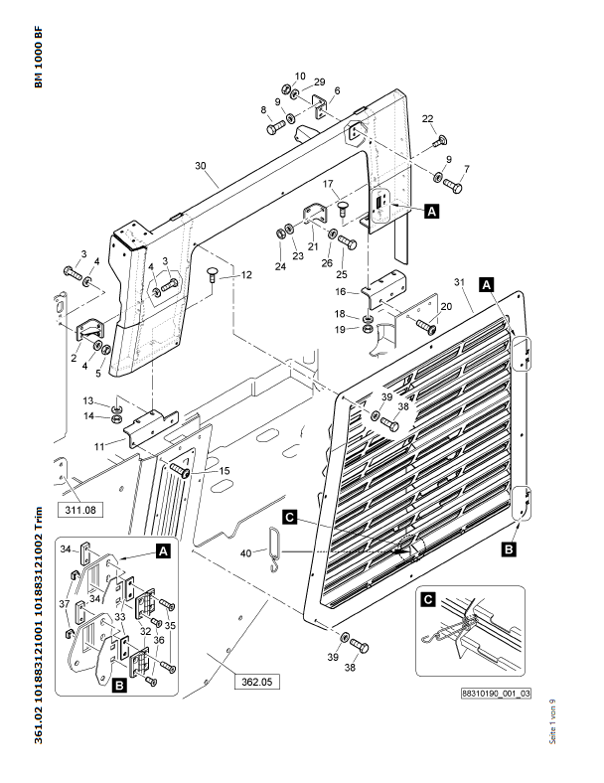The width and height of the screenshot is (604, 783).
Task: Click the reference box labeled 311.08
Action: [x=80, y=510]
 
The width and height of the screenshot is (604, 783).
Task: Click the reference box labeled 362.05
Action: [x=257, y=682]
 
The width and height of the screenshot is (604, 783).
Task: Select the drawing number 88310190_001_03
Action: [x=496, y=694]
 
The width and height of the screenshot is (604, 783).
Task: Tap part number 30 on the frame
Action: [x=200, y=166]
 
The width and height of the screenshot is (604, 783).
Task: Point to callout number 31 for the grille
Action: [x=459, y=282]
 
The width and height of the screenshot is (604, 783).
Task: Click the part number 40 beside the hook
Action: [x=245, y=553]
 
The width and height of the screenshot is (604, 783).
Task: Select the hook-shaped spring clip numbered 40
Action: [x=275, y=549]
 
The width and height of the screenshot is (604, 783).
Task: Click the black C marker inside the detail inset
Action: [x=428, y=599]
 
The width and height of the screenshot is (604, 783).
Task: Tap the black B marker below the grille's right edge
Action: [x=509, y=549]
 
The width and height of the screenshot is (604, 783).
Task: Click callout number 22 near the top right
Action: [x=428, y=119]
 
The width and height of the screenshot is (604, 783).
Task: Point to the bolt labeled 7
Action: [x=452, y=186]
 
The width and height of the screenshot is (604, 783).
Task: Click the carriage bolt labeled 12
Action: [x=213, y=274]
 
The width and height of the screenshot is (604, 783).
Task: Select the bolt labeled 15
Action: [x=180, y=470]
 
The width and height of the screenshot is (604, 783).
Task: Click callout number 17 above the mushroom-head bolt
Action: [x=328, y=184]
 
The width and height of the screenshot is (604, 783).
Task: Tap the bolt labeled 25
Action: [x=347, y=242]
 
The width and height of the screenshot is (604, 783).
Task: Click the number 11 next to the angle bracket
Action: [x=99, y=446]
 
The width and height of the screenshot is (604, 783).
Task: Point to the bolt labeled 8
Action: [x=276, y=128]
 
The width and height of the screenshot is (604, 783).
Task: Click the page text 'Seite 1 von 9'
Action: [x=552, y=721]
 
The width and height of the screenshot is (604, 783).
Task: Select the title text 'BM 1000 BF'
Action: [x=39, y=57]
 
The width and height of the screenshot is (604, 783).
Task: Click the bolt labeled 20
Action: [x=426, y=327]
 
